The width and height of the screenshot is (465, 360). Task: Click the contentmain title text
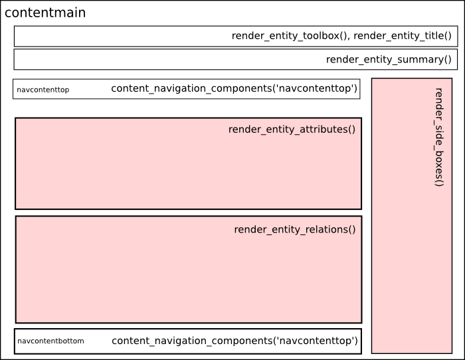45,13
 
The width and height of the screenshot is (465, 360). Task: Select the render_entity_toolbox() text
290,37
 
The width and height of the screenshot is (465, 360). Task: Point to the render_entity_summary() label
389,60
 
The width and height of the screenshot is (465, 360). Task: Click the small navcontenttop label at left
43,90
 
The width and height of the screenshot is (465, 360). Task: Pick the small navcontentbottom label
50,341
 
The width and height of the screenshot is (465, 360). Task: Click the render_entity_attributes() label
292,130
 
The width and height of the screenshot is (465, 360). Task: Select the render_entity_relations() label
295,230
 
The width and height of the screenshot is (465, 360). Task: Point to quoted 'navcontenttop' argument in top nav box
313,88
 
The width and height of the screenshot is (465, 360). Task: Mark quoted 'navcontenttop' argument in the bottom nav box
314,341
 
